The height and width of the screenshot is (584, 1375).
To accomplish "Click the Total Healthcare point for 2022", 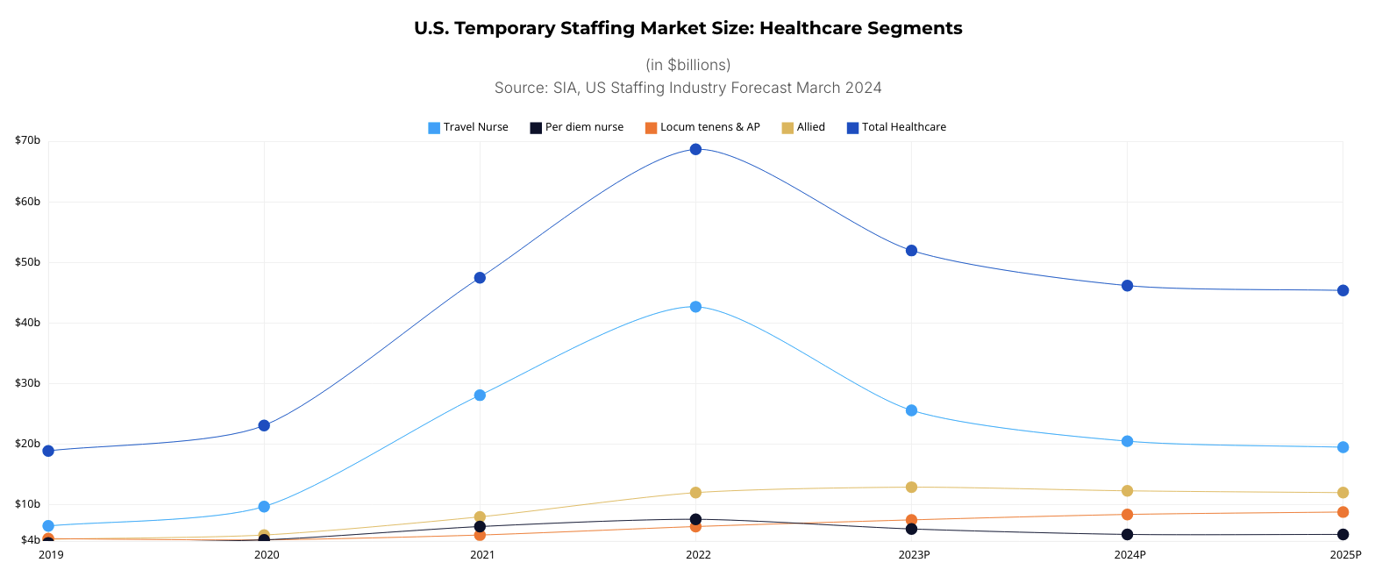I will point(695,149).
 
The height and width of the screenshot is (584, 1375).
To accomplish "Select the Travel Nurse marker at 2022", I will point(695,307).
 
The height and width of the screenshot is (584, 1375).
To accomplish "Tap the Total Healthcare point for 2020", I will point(264,426).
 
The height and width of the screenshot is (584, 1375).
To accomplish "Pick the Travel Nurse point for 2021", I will point(480,395).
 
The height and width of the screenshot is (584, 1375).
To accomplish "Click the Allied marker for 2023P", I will point(911,488).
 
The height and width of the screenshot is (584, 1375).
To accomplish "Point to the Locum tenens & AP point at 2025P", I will point(1343,512).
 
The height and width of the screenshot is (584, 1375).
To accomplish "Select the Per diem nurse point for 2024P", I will point(1127,535).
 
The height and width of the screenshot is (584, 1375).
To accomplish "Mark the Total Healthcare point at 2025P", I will point(1343,291).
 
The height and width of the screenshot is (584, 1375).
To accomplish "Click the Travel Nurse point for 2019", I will point(48,526).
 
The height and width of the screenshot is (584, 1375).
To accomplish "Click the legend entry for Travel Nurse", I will point(468,127).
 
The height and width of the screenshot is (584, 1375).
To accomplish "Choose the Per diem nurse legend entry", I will point(576,127).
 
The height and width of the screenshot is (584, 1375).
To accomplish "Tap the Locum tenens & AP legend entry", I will point(702,127).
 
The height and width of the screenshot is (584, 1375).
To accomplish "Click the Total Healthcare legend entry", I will point(896,127).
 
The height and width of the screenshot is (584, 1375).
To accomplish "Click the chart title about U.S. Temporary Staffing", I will point(687,28).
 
